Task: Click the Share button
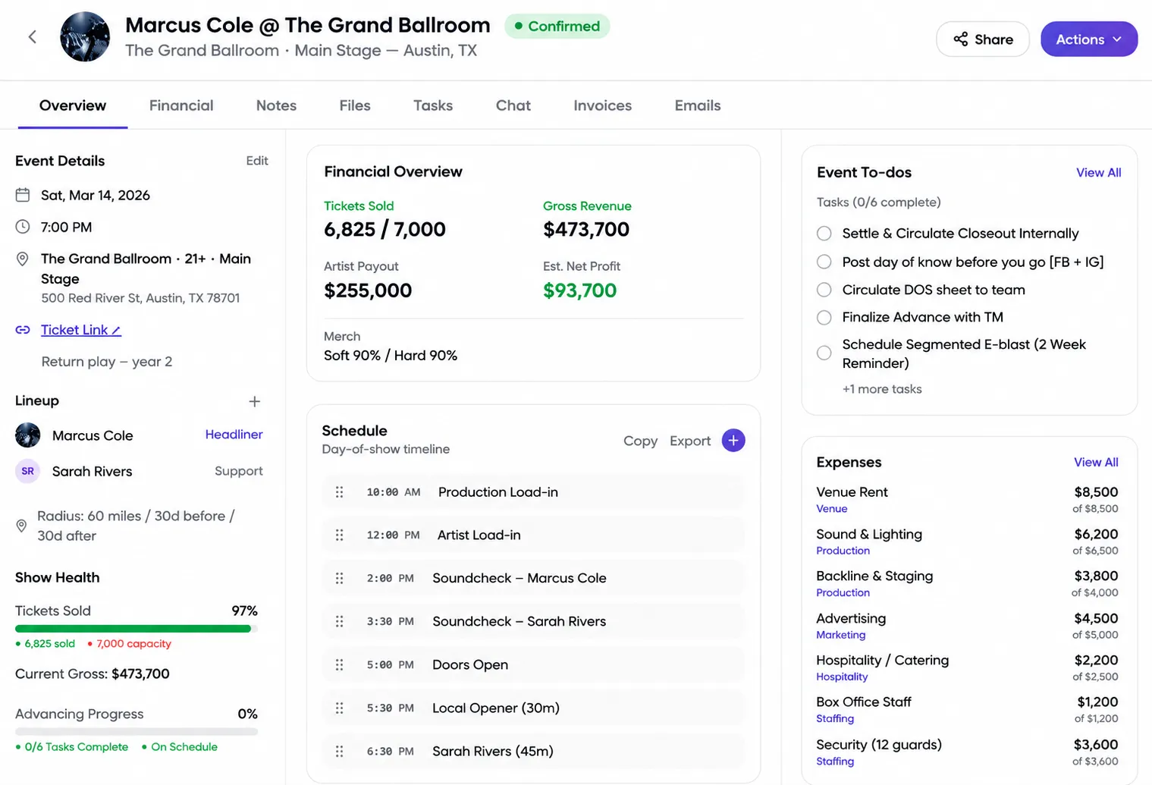pos(982,39)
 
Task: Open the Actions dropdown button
pos(1089,39)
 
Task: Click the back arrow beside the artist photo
pos(33,37)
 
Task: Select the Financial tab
pos(181,105)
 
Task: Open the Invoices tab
pos(602,105)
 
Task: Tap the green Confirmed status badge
pos(557,27)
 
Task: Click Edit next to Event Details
pos(256,161)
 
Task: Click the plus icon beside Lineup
pos(254,401)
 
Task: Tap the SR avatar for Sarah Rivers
pos(28,471)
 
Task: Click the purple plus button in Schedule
pos(733,441)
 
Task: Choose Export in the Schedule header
pos(689,441)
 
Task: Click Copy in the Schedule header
pos(640,441)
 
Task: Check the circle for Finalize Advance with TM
pos(824,317)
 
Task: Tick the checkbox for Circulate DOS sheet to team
pos(824,290)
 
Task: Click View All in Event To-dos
pos(1098,173)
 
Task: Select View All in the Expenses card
pos(1096,463)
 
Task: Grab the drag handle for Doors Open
pos(340,664)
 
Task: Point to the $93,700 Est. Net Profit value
pos(579,290)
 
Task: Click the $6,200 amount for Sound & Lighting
pos(1096,535)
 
